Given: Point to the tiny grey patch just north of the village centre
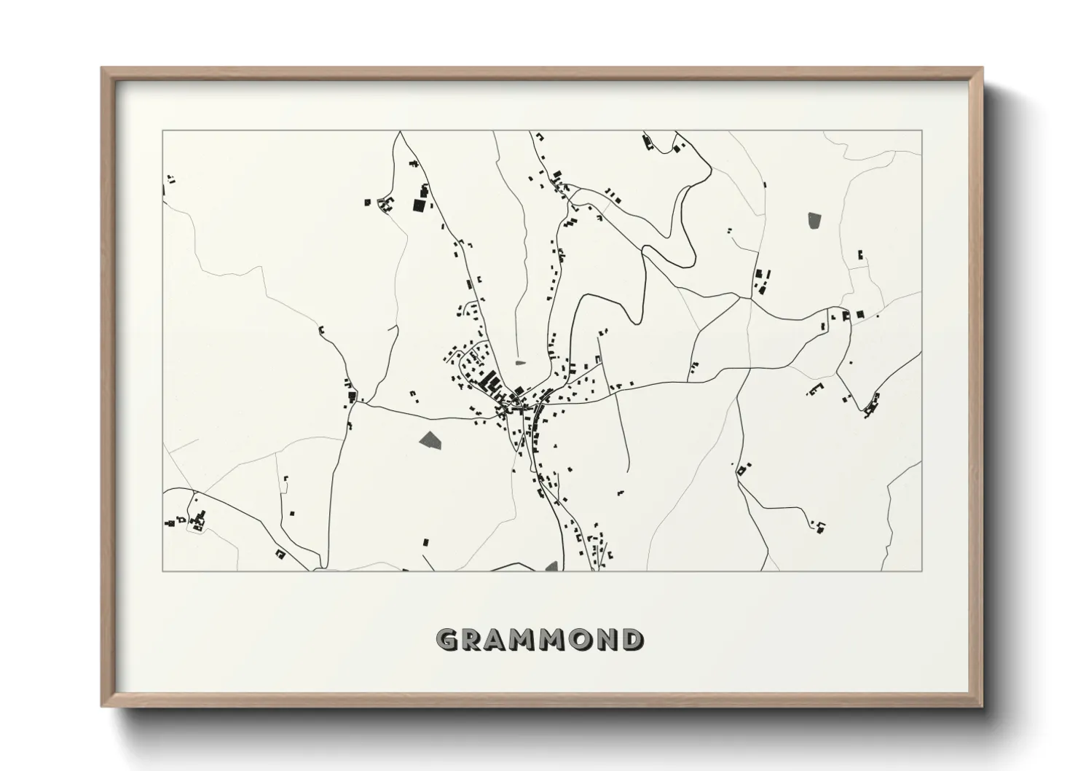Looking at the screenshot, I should click(x=520, y=361).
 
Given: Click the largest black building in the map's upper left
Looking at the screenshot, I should click(x=419, y=205).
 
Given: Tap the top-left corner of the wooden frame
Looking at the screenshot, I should click(x=103, y=69).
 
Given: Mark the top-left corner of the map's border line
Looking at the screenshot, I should click(x=162, y=130).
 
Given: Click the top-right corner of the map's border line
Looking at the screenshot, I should click(x=922, y=130).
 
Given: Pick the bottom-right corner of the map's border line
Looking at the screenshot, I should click(x=922, y=571).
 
